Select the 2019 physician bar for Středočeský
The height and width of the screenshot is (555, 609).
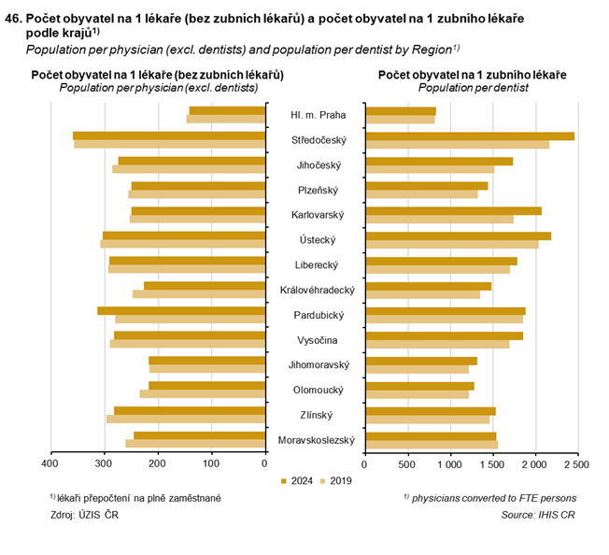pyautogui.click(x=169, y=145)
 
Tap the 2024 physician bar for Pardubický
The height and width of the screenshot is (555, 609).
pyautogui.click(x=181, y=311)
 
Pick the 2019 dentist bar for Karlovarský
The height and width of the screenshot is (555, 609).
pyautogui.click(x=439, y=220)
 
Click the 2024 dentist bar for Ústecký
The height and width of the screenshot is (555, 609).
pyautogui.click(x=458, y=235)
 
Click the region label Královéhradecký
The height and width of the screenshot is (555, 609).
pyautogui.click(x=317, y=291)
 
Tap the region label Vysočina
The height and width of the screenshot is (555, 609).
pyautogui.click(x=317, y=340)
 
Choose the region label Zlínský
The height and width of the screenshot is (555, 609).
pyautogui.click(x=317, y=415)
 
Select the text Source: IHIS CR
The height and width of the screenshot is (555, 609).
pyautogui.click(x=540, y=515)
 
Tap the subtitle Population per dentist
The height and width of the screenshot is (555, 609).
pyautogui.click(x=473, y=87)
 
